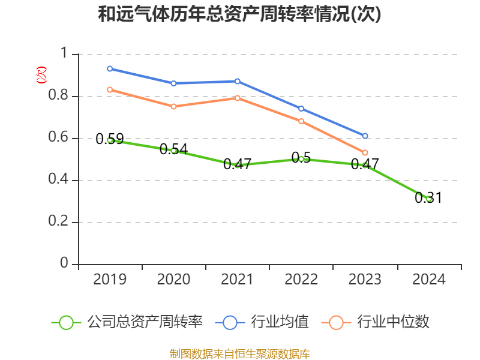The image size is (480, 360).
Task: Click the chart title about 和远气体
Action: (239, 14)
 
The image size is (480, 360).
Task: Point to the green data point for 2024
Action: (429, 199)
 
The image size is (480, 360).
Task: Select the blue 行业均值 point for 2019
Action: (110, 68)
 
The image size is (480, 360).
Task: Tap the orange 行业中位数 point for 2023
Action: (365, 152)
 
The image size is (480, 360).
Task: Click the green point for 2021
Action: (238, 165)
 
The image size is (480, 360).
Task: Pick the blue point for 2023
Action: (365, 136)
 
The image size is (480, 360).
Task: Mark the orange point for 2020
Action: (173, 106)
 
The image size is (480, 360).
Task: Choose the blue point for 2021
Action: (238, 81)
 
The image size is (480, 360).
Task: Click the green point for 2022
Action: (301, 159)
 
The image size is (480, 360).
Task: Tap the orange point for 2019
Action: (110, 89)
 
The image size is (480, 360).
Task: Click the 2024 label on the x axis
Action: (429, 280)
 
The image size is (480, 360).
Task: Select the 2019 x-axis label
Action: (110, 280)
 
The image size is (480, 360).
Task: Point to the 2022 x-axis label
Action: (301, 280)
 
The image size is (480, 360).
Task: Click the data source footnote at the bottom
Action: (239, 353)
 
